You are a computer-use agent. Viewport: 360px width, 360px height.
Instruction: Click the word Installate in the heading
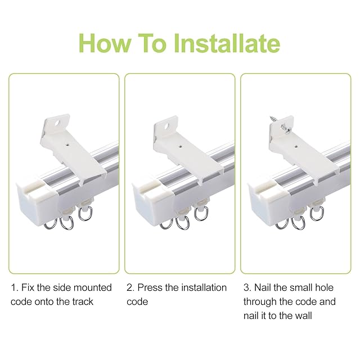(227, 43)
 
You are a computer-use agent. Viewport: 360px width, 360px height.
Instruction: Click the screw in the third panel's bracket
(281, 124)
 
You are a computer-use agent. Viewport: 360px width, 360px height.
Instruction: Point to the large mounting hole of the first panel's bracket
(57, 123)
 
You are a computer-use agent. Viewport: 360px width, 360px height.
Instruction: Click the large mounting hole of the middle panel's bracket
(167, 126)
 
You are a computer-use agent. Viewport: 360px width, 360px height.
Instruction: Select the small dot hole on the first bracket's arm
(67, 145)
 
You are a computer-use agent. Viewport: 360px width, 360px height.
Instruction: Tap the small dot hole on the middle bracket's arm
(181, 146)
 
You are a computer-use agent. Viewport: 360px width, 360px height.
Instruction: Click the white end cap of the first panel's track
(37, 201)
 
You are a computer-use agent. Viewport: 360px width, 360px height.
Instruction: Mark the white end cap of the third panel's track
(269, 203)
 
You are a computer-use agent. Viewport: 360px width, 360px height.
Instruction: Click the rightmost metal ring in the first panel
(85, 213)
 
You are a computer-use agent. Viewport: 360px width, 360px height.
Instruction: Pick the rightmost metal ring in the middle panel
(201, 214)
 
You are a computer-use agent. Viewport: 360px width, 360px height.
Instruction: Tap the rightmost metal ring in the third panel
(317, 214)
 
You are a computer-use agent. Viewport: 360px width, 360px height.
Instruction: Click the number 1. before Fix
(15, 287)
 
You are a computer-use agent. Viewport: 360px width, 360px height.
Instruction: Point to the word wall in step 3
(303, 316)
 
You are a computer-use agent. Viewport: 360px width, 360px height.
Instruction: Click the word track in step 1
(83, 301)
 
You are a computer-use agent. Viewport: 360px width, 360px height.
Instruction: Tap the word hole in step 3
(324, 287)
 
